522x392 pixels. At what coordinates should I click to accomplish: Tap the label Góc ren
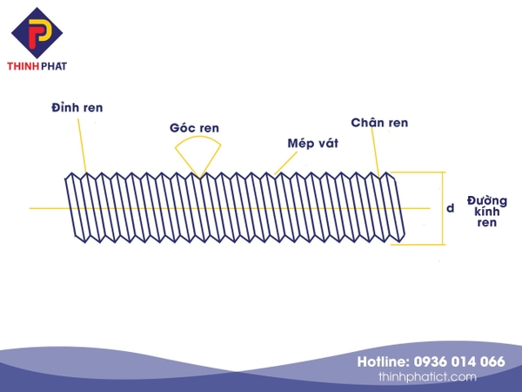194,128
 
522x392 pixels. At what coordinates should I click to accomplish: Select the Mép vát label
312,143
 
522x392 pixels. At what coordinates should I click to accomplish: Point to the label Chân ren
379,123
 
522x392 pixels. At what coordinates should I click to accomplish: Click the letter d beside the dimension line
450,208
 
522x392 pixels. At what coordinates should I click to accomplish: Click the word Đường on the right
486,200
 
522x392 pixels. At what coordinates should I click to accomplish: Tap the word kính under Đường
486,212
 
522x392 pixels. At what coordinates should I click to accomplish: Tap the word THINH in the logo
23,65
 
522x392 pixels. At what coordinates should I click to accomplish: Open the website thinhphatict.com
427,377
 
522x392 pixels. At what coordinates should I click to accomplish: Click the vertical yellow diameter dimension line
443,208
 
